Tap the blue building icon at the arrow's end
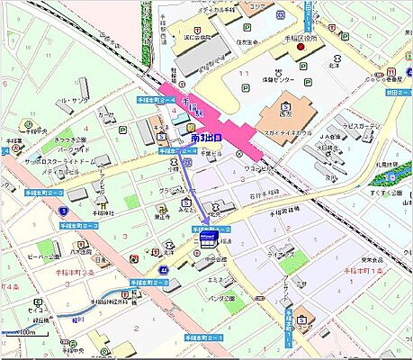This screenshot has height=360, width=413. point(206,238)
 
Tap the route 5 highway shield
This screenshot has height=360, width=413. point(65,210)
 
